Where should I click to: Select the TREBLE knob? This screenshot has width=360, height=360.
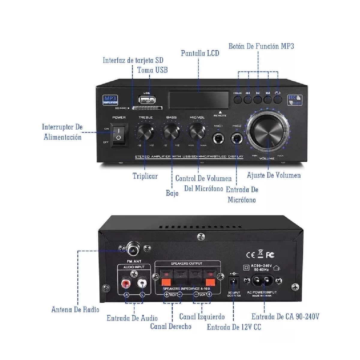pos(146,131)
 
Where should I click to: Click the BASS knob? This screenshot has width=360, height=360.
pos(171,131)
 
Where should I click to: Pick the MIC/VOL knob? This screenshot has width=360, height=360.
pos(197,131)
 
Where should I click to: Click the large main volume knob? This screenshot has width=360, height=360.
pos(267,132)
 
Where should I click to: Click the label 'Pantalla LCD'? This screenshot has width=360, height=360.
pos(200,53)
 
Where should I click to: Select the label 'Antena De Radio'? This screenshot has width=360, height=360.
pos(75,310)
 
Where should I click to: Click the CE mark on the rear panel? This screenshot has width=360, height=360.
pos(250,255)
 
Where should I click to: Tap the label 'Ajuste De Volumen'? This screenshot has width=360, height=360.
pos(274,175)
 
